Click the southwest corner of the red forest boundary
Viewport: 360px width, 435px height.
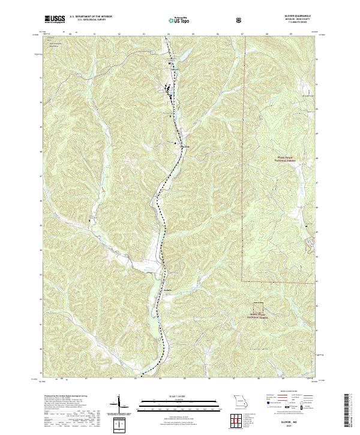(243, 280)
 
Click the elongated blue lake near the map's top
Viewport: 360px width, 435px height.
(181, 57)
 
